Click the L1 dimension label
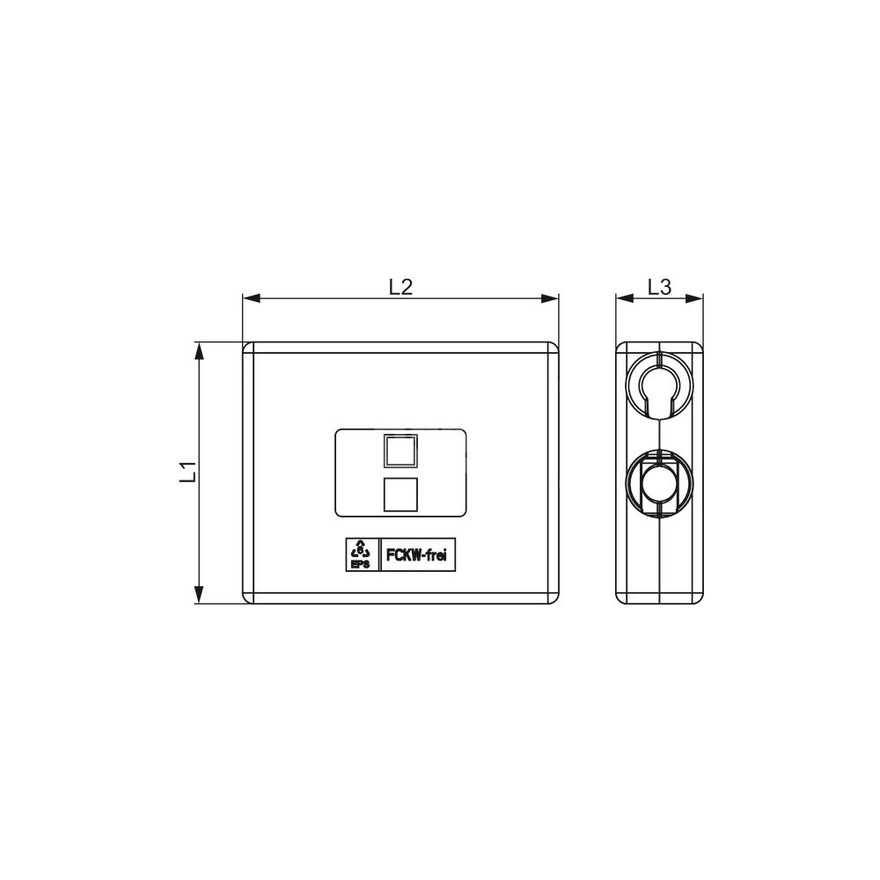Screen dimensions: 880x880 click(187, 472)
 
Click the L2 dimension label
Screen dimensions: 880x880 click(400, 287)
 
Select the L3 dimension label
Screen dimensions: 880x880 click(659, 287)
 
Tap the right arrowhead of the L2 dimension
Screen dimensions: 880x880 click(550, 298)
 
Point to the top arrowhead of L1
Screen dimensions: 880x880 click(198, 350)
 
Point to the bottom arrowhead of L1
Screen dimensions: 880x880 click(198, 595)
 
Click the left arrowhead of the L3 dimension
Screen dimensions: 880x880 click(625, 298)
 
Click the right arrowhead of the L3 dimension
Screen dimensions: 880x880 click(694, 298)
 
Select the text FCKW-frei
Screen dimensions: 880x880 click(417, 555)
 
